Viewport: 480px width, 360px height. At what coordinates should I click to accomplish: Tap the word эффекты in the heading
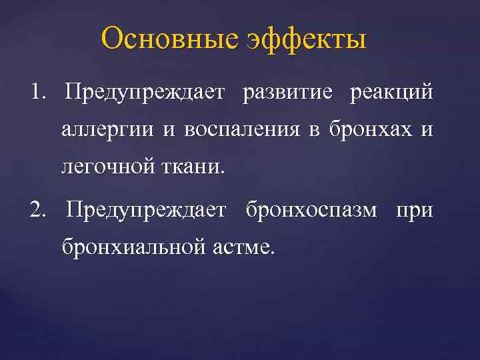pyautogui.click(x=307, y=40)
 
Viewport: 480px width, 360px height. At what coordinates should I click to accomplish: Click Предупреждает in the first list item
pyautogui.click(x=145, y=92)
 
